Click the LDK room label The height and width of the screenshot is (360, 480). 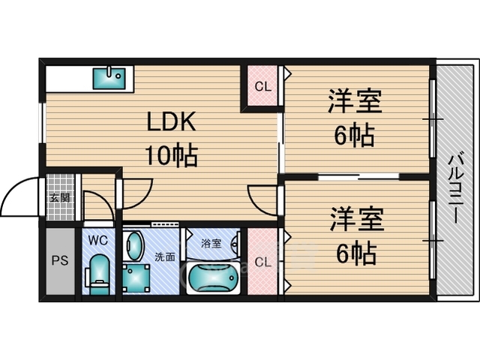point(172,121)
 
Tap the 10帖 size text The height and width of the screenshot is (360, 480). point(172,155)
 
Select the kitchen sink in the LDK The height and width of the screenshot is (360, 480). point(109,79)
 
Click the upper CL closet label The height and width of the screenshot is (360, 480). point(263,87)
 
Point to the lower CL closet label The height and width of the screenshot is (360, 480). point(263,262)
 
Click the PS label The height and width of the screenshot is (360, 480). point(60,260)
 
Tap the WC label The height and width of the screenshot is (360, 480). point(98,240)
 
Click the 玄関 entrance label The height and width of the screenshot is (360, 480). point(60,198)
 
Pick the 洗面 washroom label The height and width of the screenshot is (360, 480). point(165,256)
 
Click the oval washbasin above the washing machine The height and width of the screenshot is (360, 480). point(135,245)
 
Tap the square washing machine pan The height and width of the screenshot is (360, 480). point(136,278)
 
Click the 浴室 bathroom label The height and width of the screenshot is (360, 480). point(211,244)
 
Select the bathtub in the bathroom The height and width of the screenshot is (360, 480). point(213,278)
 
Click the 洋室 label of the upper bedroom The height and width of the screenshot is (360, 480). point(355,101)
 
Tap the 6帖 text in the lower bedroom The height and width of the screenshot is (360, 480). point(356,253)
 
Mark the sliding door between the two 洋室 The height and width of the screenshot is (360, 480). point(358,176)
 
